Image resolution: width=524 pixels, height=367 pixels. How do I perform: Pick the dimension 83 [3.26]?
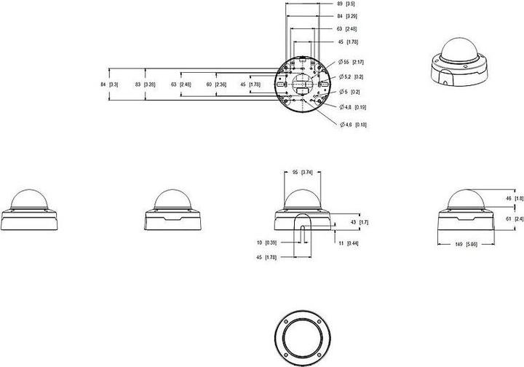(x=144, y=84)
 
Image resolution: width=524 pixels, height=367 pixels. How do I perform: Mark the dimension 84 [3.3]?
(x=108, y=84)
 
